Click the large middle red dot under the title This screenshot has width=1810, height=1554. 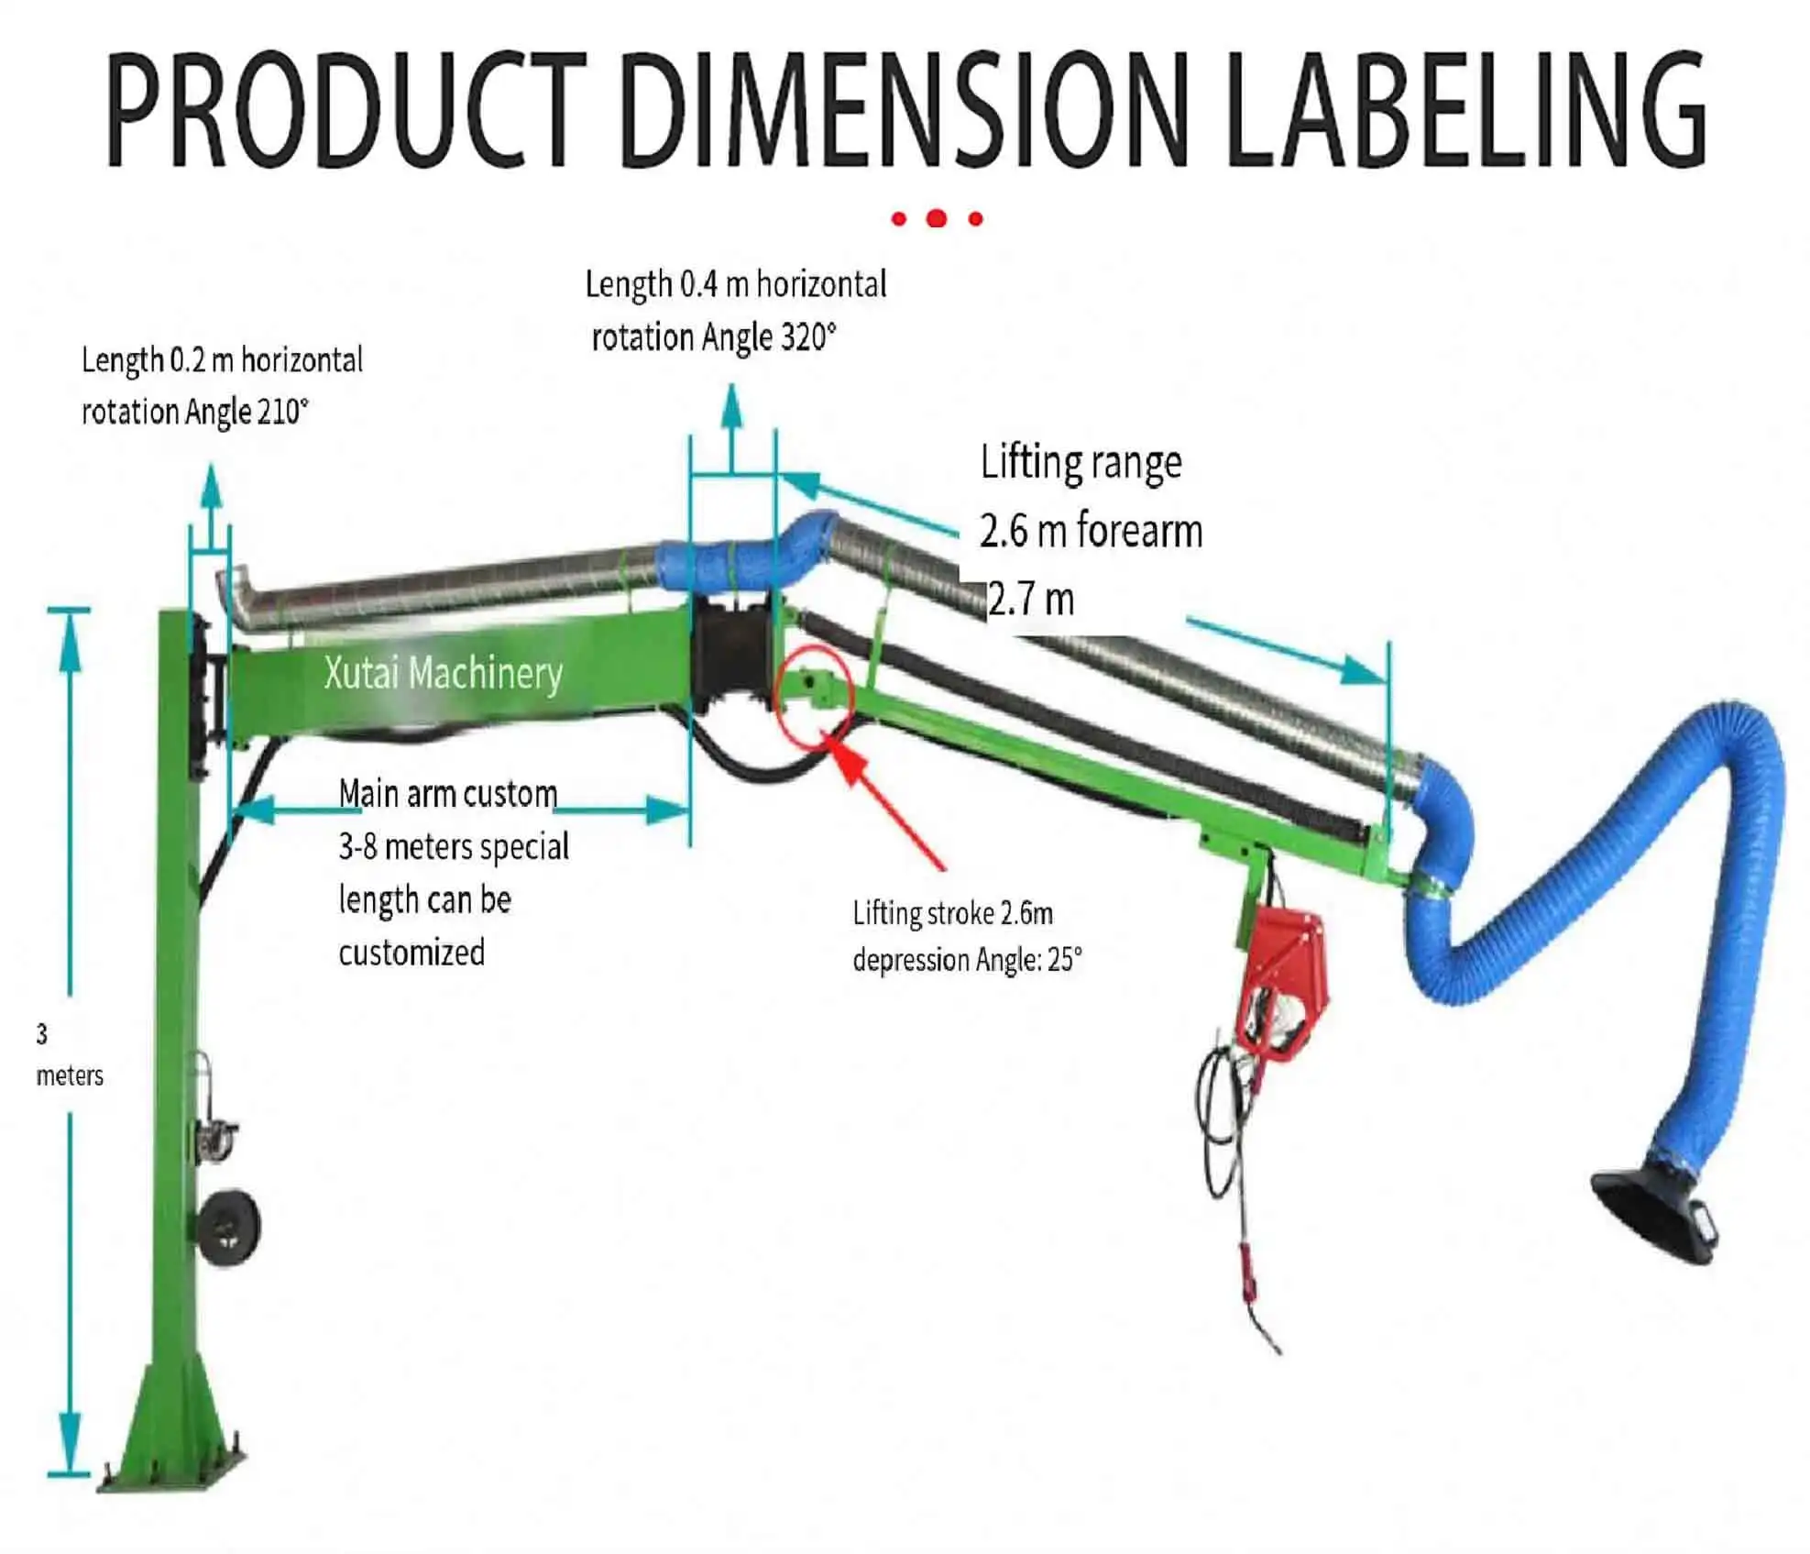[x=936, y=218]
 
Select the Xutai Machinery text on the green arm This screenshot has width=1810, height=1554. [x=444, y=673]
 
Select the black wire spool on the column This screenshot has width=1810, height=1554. [x=228, y=1227]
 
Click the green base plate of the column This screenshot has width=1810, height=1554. [x=174, y=1458]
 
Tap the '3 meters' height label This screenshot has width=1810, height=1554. [x=68, y=1054]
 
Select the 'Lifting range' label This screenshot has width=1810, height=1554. [x=1081, y=462]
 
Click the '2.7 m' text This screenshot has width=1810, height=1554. [x=1031, y=600]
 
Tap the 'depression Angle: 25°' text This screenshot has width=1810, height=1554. [x=967, y=960]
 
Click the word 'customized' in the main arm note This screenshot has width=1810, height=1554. [x=411, y=953]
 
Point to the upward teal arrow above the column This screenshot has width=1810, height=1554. [x=212, y=490]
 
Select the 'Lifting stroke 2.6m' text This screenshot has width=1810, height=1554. [x=952, y=913]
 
